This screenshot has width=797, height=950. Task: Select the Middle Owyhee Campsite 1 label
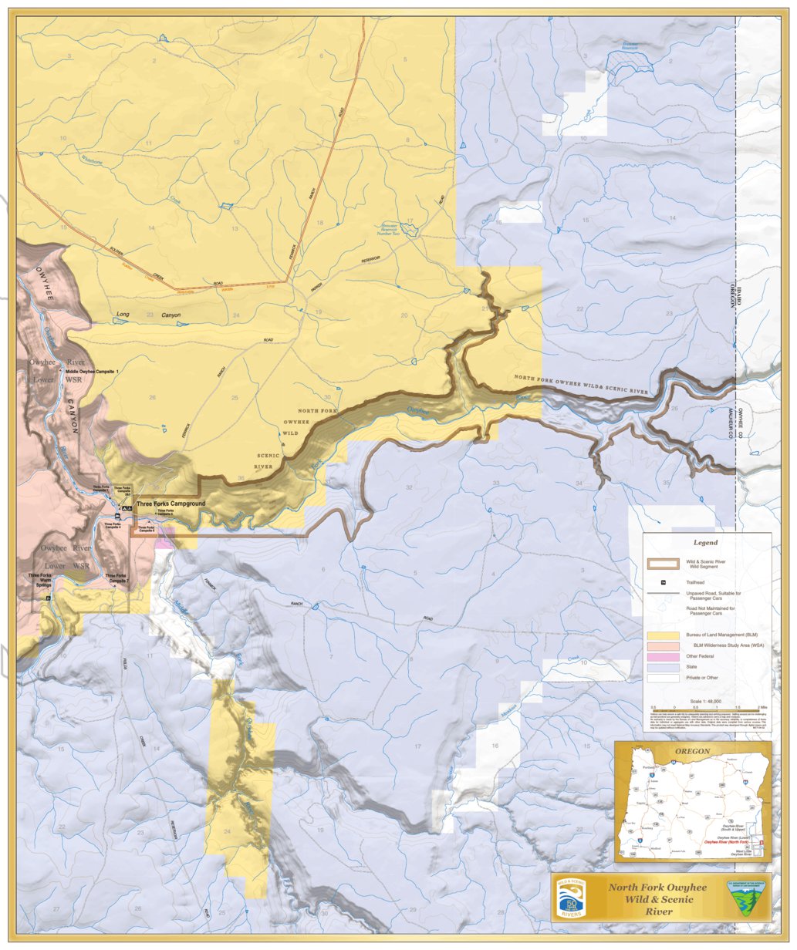(x=97, y=372)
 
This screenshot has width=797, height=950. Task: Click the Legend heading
(x=704, y=542)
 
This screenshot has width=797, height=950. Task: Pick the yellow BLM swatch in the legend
(x=662, y=633)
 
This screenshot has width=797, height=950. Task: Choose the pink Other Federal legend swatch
(x=662, y=655)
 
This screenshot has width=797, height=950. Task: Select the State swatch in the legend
(x=662, y=667)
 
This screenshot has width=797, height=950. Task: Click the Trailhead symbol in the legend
(x=662, y=582)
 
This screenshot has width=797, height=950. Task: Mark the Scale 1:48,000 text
(x=706, y=700)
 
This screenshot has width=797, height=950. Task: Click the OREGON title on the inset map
(x=692, y=750)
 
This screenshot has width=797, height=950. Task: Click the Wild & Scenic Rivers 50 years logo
(x=572, y=897)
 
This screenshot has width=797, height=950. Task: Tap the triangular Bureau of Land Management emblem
(x=745, y=898)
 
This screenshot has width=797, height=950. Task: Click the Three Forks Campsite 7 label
(x=116, y=578)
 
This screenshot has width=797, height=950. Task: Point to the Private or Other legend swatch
(x=662, y=679)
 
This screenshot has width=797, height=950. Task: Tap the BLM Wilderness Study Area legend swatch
(x=662, y=644)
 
